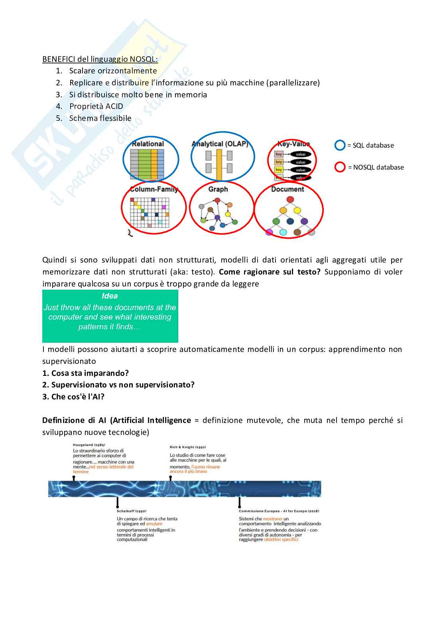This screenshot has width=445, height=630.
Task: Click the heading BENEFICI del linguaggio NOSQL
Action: click(100, 59)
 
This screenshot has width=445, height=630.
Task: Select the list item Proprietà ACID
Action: click(96, 106)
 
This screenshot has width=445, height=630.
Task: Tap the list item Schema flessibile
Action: click(100, 118)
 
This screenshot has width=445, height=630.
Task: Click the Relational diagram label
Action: click(148, 144)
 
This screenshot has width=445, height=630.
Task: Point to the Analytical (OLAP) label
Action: click(220, 144)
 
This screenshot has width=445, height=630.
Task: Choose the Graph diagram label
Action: click(218, 189)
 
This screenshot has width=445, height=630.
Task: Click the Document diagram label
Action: click(287, 189)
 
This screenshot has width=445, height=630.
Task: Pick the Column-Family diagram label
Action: click(154, 189)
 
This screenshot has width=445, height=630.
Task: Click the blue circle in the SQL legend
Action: click(340, 145)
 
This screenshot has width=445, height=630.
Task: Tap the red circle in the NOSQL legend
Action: click(340, 167)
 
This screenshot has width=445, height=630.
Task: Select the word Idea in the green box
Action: click(110, 296)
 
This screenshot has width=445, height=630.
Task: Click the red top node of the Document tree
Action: click(290, 199)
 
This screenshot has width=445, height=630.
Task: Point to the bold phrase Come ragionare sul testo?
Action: click(270, 272)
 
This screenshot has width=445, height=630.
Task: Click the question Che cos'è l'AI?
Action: click(73, 397)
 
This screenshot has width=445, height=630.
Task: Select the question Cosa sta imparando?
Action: click(86, 373)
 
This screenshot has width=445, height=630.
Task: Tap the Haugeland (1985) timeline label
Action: click(89, 444)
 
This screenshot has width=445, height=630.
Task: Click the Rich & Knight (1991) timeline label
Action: click(188, 447)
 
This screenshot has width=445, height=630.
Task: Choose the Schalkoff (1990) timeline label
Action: click(132, 511)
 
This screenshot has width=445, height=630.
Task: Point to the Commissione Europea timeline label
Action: click(279, 511)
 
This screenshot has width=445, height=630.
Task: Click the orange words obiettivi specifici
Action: click(281, 539)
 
